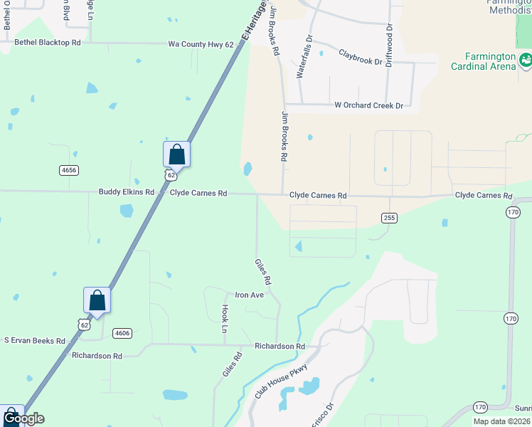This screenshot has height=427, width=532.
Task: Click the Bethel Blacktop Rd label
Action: coord(48,43)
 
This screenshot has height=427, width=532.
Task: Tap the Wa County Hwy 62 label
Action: coord(201,44)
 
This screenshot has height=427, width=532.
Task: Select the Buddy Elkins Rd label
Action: coord(126,192)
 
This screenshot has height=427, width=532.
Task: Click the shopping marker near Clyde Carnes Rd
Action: coord(176,154)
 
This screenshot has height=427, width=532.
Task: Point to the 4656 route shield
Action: coord(69,170)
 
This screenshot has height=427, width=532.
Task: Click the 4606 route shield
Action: coord(122,332)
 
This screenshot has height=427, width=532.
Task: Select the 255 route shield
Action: coord(388,217)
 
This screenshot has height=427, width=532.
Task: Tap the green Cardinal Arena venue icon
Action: coord(526,62)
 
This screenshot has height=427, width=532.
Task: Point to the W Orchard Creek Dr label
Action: coord(368,105)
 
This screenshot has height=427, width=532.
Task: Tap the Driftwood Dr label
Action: coord(389,45)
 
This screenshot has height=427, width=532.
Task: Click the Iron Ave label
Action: coord(250,295)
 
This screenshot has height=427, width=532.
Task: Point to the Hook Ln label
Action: coord(225,319)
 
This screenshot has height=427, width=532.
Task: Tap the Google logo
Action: coord(23,418)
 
